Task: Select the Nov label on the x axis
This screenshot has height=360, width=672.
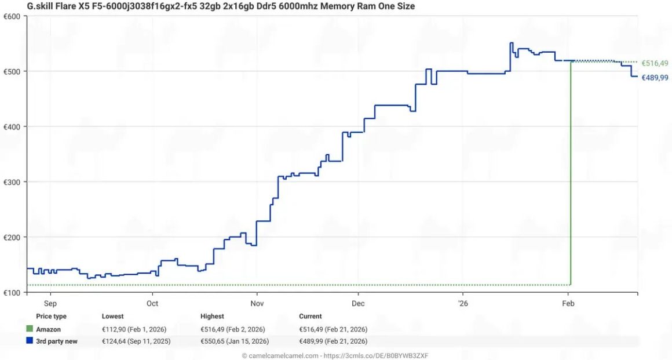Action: (x=257, y=303)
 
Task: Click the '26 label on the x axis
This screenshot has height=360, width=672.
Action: (x=462, y=303)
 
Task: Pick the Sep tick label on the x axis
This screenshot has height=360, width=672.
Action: (x=50, y=303)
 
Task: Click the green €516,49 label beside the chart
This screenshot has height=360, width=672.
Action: (x=655, y=63)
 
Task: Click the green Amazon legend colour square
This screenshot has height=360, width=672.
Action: (x=30, y=329)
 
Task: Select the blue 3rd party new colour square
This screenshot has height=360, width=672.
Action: (x=30, y=341)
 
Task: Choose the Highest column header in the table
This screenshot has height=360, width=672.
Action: (x=212, y=317)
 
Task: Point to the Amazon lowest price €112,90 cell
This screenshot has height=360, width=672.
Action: (x=135, y=329)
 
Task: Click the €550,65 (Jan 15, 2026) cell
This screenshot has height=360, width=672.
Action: (x=235, y=341)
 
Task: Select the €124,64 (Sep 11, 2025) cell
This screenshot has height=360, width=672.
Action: (x=137, y=341)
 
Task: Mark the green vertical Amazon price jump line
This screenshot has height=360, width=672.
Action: (x=571, y=174)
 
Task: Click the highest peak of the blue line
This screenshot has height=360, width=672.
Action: (x=511, y=43)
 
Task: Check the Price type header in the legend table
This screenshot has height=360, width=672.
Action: (x=52, y=317)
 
